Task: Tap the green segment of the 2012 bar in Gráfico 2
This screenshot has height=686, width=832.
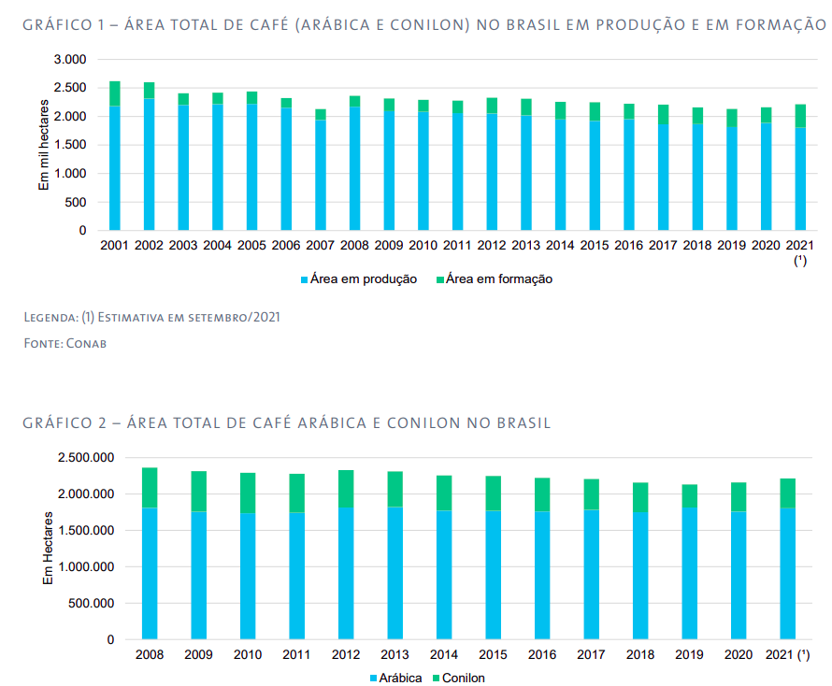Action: tap(345, 489)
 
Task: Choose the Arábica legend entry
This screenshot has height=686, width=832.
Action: tap(395, 678)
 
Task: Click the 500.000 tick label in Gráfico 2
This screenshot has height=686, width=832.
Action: tap(92, 604)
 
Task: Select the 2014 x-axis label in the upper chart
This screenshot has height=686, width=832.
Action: tap(560, 245)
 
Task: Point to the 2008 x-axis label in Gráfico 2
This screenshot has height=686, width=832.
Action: tap(149, 654)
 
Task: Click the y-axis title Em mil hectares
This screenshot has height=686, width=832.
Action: tap(43, 145)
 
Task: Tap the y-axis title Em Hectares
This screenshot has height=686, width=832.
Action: tap(48, 550)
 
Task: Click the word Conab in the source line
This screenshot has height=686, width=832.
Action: tap(88, 344)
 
